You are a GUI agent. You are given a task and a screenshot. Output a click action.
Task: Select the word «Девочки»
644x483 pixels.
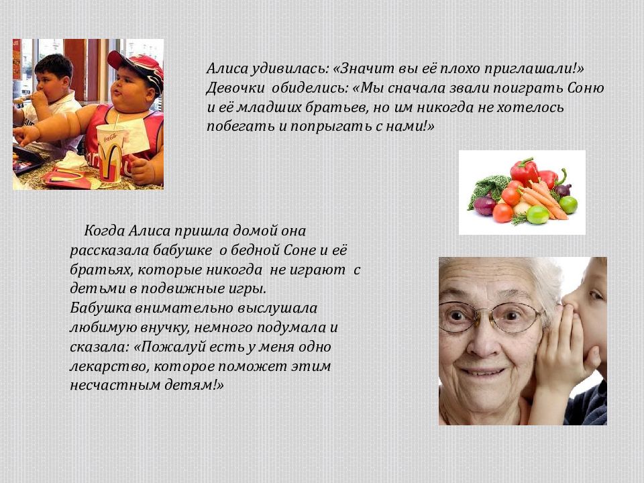click(235, 88)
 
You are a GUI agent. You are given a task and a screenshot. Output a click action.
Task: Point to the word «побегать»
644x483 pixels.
click(236, 126)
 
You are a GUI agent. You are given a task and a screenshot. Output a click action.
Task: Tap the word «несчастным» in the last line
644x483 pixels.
click(110, 386)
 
